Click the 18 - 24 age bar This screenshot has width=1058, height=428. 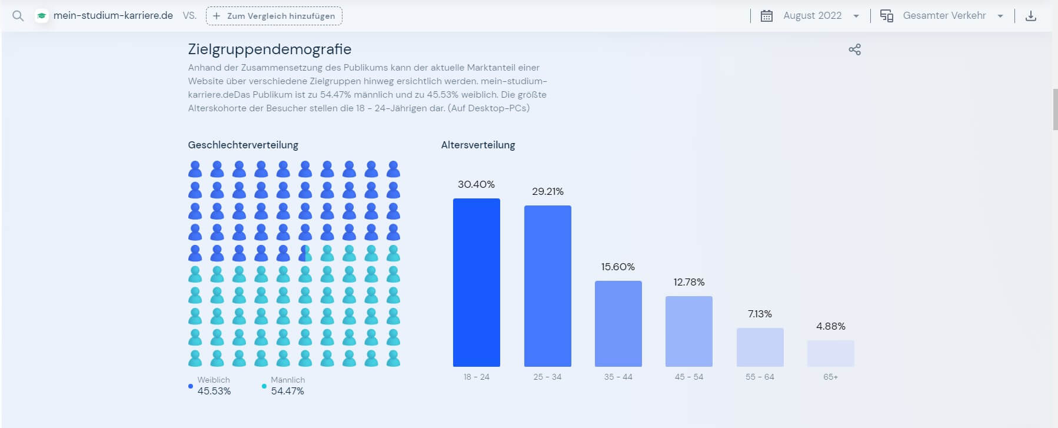(476, 283)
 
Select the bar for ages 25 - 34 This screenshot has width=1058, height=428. (547, 286)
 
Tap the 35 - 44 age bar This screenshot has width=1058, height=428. (618, 324)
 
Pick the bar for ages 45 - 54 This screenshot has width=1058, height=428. (688, 331)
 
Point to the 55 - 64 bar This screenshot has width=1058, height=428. (760, 347)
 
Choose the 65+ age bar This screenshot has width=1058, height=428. (830, 353)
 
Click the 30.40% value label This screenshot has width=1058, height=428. (476, 184)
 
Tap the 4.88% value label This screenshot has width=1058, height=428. (830, 326)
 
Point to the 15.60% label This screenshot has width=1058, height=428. (618, 267)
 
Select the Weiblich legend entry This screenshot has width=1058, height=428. (213, 386)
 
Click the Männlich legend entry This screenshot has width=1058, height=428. (287, 386)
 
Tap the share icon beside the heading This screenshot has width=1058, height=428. (854, 49)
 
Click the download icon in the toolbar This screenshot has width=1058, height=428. (1030, 16)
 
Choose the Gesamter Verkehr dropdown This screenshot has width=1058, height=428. (944, 16)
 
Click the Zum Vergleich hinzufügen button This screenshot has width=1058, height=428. (274, 16)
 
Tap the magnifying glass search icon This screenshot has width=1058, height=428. (18, 16)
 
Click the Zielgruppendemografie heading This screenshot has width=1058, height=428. (270, 49)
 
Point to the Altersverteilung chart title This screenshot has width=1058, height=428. (478, 145)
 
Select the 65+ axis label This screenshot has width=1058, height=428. (830, 377)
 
